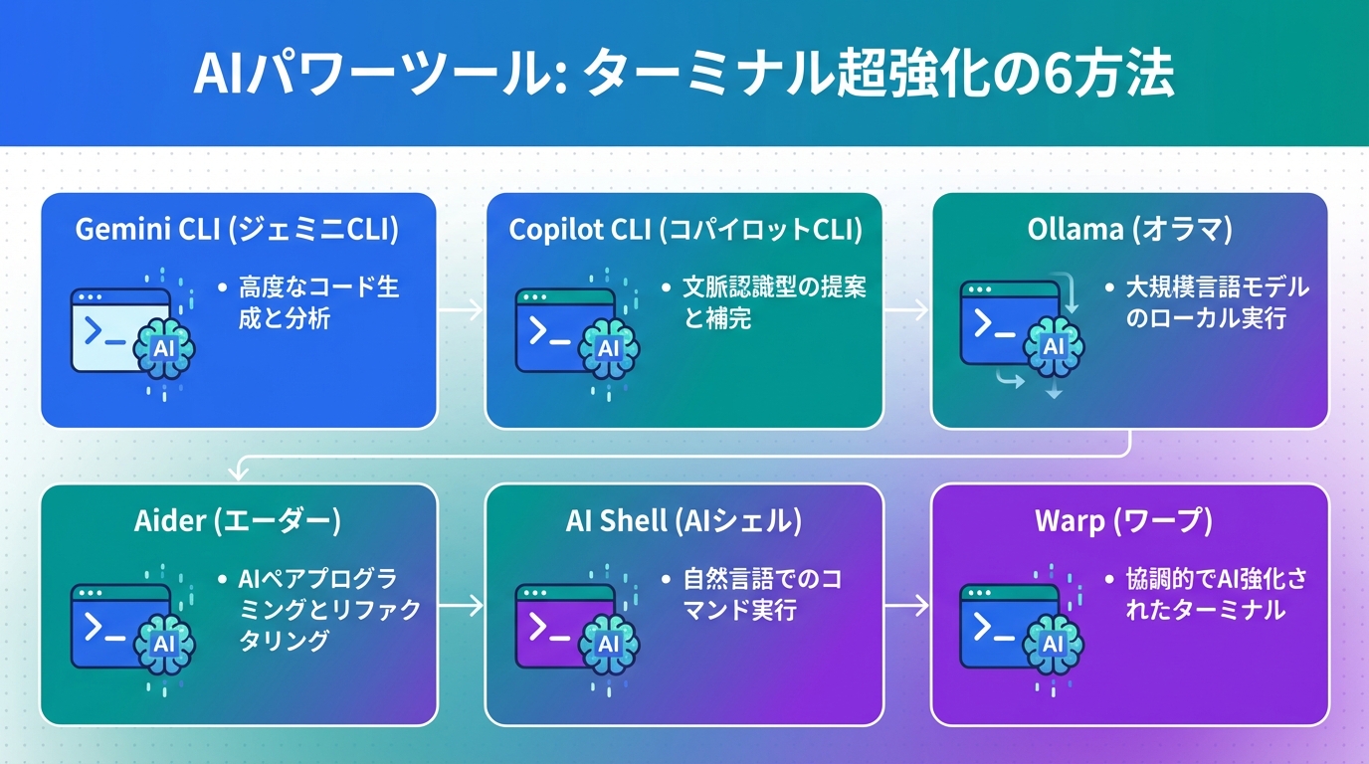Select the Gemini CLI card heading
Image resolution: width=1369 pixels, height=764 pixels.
(x=237, y=230)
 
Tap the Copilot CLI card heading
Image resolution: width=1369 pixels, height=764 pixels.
(x=684, y=230)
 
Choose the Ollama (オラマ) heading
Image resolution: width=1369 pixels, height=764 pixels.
(x=1129, y=230)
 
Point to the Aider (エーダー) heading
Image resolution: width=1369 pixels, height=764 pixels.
(x=237, y=520)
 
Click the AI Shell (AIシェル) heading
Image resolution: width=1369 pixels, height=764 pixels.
(x=684, y=520)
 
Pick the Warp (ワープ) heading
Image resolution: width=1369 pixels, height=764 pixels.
(x=1129, y=520)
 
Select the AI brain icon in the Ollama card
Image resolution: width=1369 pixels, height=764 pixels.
(x=1053, y=346)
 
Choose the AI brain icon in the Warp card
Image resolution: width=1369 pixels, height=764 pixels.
(x=1053, y=643)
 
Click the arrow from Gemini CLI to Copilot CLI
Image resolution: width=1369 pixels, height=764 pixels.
(x=461, y=310)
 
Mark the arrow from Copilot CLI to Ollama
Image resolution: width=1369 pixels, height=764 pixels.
(x=906, y=310)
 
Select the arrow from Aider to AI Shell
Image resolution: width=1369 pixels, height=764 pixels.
(x=461, y=604)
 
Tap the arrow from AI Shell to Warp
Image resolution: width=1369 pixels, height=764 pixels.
(x=906, y=604)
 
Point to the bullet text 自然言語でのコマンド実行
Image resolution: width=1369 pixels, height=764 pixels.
(x=761, y=594)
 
